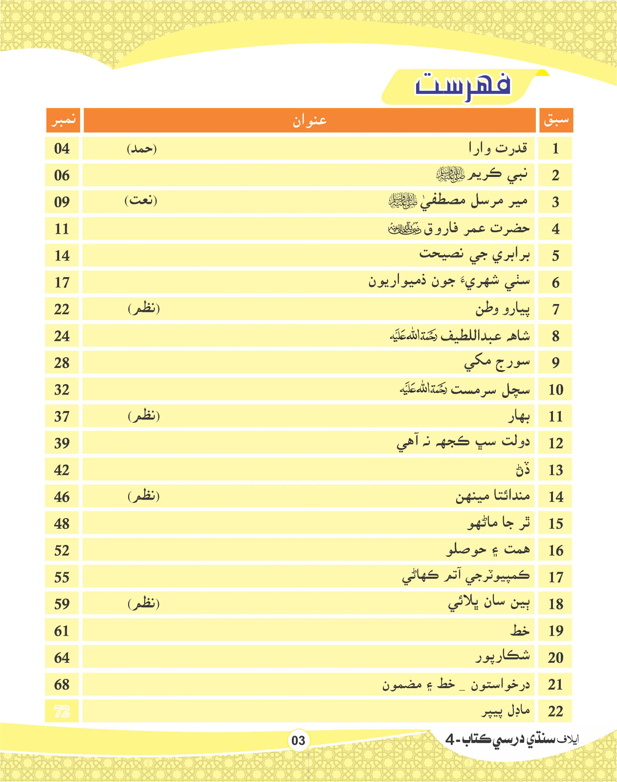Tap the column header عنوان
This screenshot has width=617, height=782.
(x=309, y=120)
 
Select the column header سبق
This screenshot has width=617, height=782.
(x=556, y=120)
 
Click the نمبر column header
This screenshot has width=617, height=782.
(x=63, y=120)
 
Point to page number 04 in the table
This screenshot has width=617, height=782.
(x=62, y=149)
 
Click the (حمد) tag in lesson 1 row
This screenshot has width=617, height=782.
(x=142, y=149)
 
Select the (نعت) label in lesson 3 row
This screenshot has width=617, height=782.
(x=141, y=200)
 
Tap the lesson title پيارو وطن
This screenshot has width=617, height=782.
(x=502, y=309)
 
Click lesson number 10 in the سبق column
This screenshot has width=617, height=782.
(x=556, y=390)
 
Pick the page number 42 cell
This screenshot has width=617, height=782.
(x=62, y=470)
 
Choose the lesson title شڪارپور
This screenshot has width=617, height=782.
(x=503, y=656)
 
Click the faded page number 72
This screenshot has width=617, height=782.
(x=62, y=711)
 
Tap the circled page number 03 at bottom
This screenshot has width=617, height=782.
(x=298, y=740)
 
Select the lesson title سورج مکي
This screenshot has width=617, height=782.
(x=497, y=363)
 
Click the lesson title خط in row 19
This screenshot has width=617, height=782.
(x=520, y=630)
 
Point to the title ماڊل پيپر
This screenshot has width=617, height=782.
(x=506, y=711)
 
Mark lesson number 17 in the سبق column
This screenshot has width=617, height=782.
(x=556, y=577)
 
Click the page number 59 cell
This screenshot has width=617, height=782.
(x=62, y=604)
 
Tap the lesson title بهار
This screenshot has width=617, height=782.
(x=519, y=416)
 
